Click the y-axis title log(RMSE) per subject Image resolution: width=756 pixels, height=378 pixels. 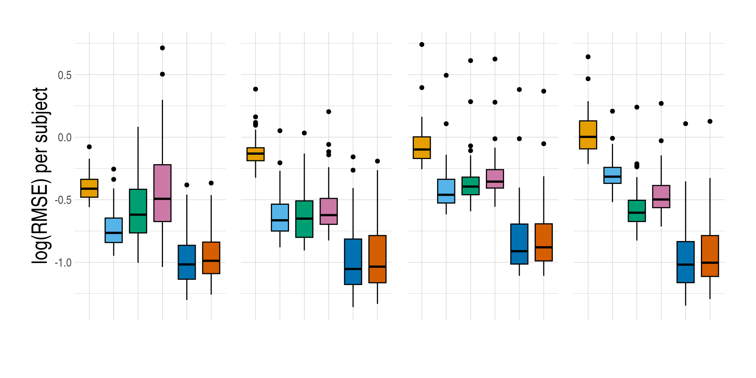[41, 175]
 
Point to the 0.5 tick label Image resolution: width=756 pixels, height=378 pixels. [65, 75]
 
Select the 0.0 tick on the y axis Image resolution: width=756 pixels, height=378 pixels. [65, 138]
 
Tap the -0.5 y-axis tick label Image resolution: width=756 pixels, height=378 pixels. [63, 200]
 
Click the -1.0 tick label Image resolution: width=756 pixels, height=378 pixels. [63, 263]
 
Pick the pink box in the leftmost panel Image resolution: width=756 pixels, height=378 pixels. [162, 193]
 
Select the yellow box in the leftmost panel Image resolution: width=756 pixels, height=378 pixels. [89, 188]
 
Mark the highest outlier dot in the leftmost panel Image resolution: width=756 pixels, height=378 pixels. [162, 48]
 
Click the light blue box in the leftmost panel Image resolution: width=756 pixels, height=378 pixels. [114, 230]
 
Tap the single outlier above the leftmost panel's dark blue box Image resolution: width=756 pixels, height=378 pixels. [187, 185]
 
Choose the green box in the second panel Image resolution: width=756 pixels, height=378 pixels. [304, 219]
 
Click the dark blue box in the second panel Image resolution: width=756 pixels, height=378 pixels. [353, 261]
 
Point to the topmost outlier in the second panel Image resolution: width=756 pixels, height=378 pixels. [256, 89]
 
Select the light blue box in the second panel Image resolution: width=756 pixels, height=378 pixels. [280, 217]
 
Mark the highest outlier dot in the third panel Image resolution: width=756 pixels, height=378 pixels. [422, 44]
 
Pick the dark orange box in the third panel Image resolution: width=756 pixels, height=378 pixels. [544, 242]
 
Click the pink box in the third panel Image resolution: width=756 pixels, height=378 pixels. [495, 179]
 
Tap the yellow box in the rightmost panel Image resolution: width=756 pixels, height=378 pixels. [588, 135]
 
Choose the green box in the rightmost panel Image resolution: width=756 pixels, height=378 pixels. [637, 211]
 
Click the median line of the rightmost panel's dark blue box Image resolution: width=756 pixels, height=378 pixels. [686, 265]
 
